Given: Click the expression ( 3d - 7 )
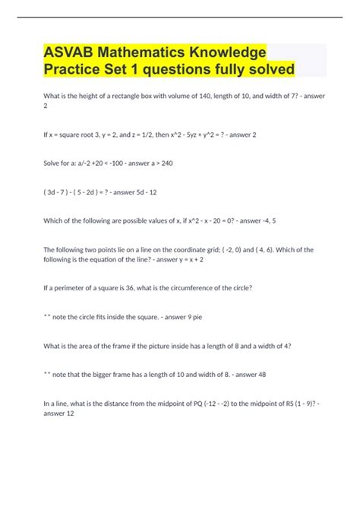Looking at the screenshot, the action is [x=60, y=192].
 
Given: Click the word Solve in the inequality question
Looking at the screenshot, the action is [x=54, y=163].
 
